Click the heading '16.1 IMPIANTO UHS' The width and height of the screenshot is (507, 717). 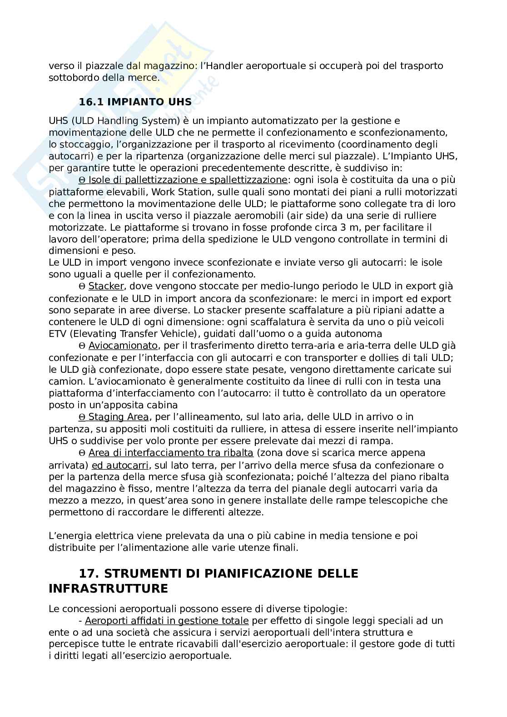tap(135, 102)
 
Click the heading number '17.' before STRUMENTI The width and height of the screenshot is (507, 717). tap(89, 573)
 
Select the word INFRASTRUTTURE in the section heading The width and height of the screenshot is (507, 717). tap(108, 589)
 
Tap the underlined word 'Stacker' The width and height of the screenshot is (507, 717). tap(106, 287)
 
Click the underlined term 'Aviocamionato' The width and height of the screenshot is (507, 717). tap(123, 346)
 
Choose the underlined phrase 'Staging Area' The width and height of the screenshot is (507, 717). tap(118, 417)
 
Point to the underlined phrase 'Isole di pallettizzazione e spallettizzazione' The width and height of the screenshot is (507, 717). tap(188, 180)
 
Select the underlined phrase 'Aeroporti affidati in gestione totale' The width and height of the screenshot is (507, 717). tap(166, 621)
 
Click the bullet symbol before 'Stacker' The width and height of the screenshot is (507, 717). tap(82, 287)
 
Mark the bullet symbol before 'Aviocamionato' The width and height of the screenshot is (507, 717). tap(82, 346)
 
